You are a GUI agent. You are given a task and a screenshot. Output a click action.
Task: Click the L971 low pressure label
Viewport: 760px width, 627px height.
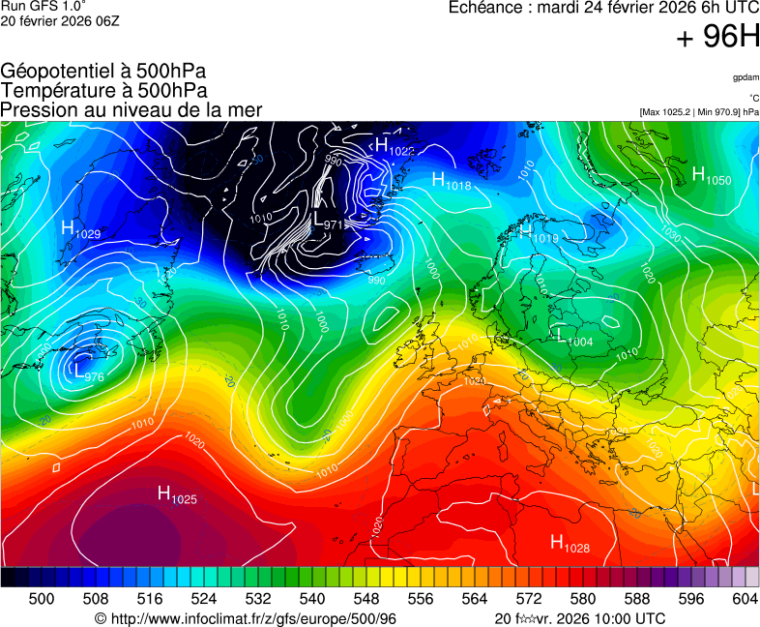tap(328, 223)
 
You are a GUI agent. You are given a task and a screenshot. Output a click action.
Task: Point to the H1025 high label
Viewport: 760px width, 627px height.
tap(177, 495)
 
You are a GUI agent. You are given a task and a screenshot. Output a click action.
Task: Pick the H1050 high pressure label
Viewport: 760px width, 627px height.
tap(712, 176)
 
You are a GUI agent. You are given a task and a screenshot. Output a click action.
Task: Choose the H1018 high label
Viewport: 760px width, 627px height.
tap(451, 181)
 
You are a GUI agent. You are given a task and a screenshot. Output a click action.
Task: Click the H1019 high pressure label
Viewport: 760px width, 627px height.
tap(539, 233)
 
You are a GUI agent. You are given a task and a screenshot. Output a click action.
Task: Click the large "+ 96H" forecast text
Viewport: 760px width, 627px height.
tap(717, 38)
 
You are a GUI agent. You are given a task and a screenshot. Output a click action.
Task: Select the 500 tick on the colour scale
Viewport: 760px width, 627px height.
tap(42, 599)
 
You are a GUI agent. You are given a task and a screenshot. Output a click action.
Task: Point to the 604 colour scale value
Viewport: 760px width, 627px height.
tap(744, 599)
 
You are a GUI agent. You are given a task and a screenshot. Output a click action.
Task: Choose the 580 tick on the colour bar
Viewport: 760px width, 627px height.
tap(583, 599)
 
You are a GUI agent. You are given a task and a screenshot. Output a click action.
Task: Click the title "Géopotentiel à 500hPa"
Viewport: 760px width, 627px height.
tap(103, 71)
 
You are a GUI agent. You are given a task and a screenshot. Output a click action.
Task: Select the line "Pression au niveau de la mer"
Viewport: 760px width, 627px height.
tap(132, 109)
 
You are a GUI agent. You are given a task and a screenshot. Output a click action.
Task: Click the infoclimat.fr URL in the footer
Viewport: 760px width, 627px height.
tap(246, 619)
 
